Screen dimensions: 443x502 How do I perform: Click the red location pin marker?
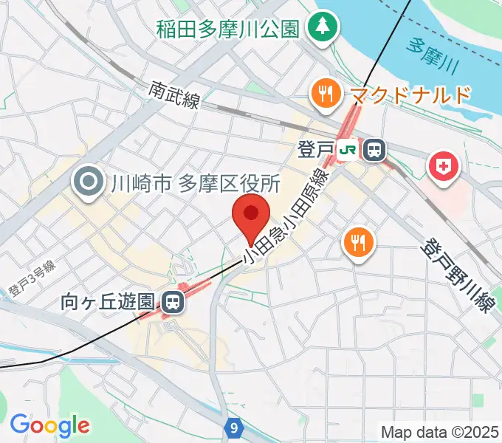tap(250, 216)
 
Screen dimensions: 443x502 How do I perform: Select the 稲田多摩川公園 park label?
tap(227, 30)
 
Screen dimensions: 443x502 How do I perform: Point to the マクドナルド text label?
tap(410, 95)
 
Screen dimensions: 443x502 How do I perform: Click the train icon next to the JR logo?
tap(374, 151)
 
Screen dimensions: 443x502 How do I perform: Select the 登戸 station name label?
tap(315, 151)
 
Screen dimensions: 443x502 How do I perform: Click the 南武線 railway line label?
tap(174, 95)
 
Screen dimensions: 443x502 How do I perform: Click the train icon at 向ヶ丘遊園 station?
tap(173, 301)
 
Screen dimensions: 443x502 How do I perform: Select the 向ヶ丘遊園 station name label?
tap(108, 301)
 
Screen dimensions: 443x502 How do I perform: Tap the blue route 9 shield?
tap(233, 427)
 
